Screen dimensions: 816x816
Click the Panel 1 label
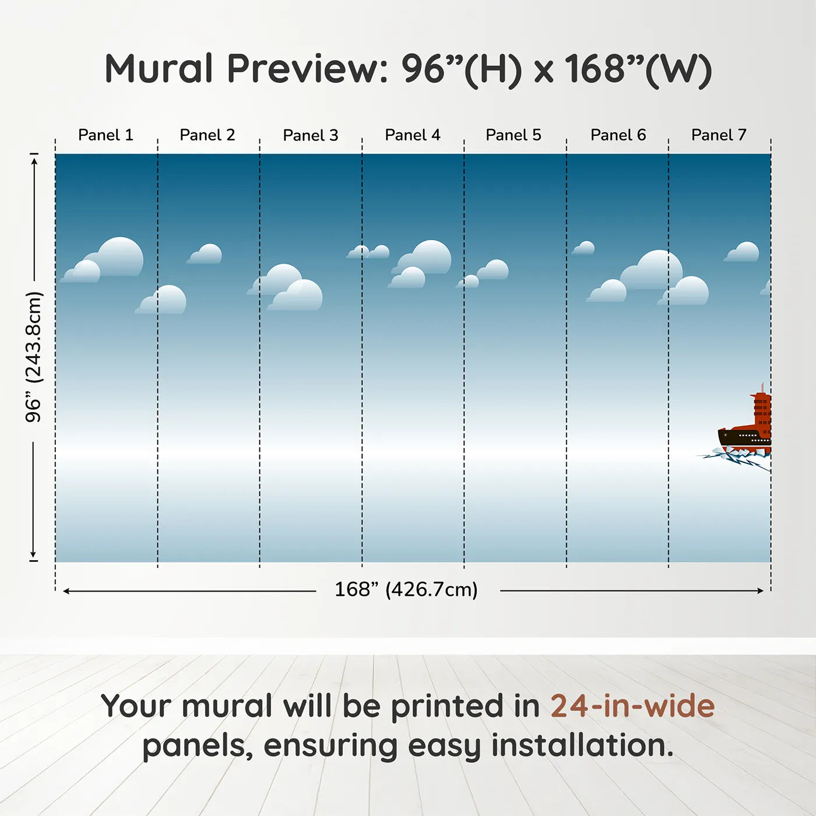pos(106,135)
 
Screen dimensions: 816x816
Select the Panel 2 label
pos(207,135)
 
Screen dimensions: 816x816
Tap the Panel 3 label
pos(311,135)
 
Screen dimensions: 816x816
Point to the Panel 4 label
pos(413,135)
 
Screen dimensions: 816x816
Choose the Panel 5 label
pos(513,135)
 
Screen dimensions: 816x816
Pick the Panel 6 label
pos(618,135)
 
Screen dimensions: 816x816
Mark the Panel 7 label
pos(719,135)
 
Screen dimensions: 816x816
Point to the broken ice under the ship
pos(735,458)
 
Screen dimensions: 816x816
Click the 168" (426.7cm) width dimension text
pos(406,589)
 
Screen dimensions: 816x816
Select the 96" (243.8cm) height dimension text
pos(33,357)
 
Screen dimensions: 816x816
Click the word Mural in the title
pos(159,69)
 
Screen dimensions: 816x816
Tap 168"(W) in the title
pos(639,70)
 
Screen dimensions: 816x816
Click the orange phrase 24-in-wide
pos(632,706)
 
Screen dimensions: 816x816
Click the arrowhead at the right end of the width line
pos(761,590)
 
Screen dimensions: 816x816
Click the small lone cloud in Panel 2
pos(205,254)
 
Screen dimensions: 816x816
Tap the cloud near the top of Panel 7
pos(742,252)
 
